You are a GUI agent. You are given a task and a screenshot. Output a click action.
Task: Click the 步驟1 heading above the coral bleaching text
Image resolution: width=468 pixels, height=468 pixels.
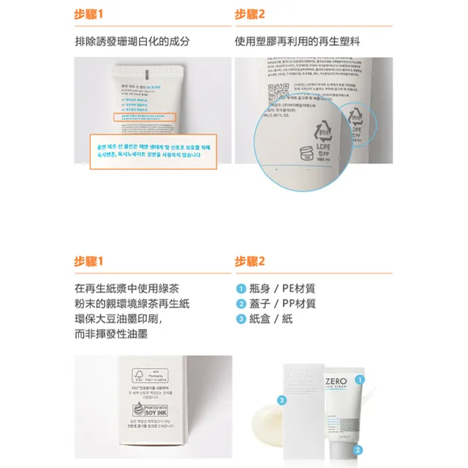click(90, 14)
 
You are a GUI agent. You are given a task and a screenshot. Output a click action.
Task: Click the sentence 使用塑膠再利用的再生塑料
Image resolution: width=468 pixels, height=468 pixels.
click(297, 42)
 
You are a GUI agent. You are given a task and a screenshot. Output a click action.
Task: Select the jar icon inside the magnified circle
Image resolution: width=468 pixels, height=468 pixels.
click(302, 155)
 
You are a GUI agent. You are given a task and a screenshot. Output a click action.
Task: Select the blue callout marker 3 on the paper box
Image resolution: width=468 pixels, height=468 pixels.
click(281, 400)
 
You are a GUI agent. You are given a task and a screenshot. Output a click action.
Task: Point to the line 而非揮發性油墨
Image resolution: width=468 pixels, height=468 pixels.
click(111, 333)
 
